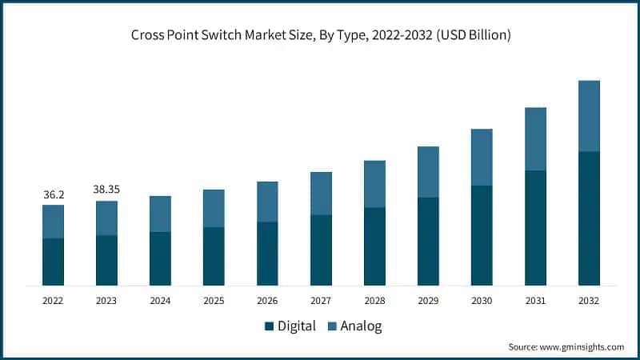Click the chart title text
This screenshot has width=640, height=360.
[320, 35]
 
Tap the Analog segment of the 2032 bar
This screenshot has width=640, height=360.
[589, 116]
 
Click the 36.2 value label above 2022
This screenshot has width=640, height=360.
[53, 194]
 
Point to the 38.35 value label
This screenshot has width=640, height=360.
[106, 190]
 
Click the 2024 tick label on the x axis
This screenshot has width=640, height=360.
[160, 301]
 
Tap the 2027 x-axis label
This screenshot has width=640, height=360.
[321, 301]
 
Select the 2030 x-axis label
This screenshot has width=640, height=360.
[482, 301]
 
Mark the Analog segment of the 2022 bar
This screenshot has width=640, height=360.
[53, 222]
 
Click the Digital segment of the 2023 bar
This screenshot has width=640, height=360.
[106, 260]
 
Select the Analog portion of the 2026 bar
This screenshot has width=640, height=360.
[267, 202]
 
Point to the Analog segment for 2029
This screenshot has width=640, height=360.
[428, 172]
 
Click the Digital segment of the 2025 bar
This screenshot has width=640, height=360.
[214, 256]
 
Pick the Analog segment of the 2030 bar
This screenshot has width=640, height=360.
[482, 158]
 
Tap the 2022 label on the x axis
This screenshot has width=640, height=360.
[53, 301]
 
